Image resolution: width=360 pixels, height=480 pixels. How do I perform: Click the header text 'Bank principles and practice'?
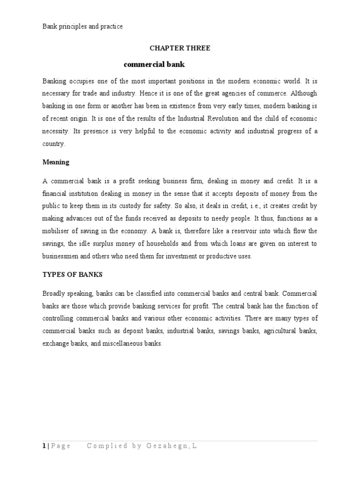82,27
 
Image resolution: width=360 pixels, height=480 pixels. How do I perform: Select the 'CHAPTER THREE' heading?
180,48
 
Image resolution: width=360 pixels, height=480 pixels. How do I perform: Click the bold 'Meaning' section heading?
56,162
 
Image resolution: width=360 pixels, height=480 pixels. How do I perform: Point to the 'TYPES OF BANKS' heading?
72,274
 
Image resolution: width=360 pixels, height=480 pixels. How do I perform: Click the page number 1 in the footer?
43,446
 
